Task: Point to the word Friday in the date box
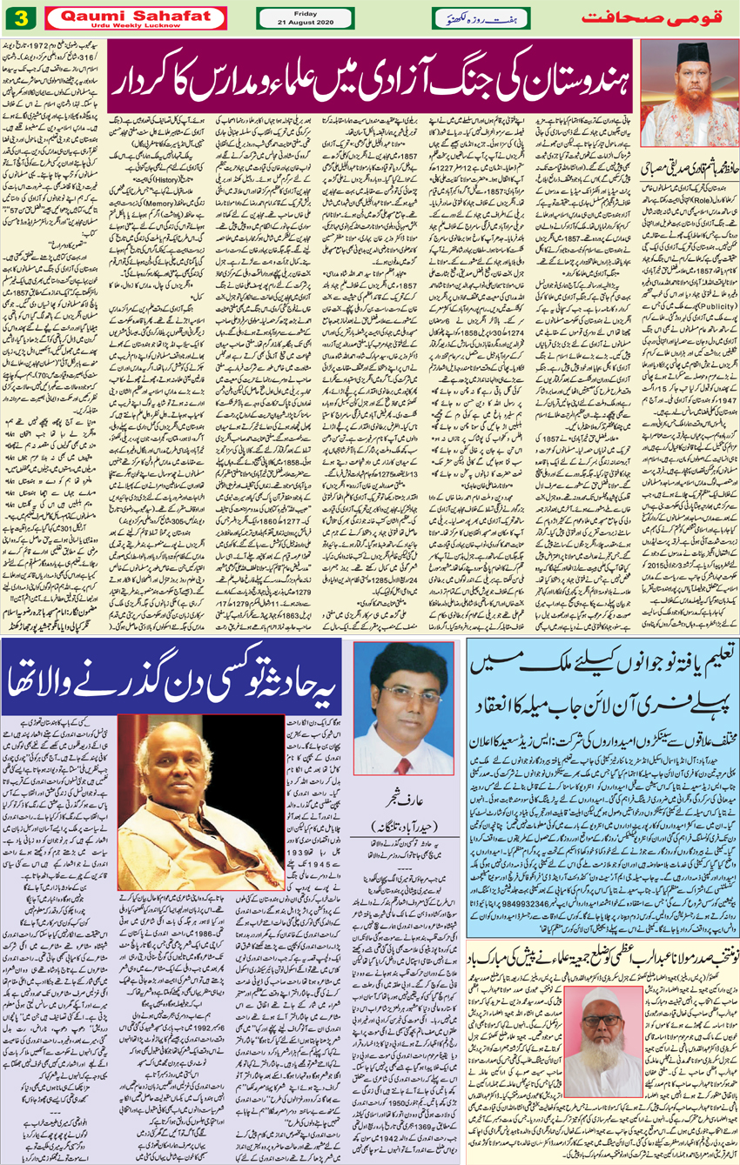pyautogui.click(x=306, y=12)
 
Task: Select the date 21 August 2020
pyautogui.click(x=306, y=23)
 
